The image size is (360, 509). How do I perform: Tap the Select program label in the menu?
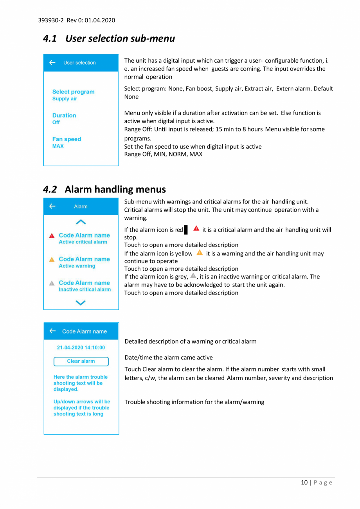[73, 92]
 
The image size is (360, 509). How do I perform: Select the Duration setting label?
[64, 115]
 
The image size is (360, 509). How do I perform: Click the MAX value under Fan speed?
[58, 146]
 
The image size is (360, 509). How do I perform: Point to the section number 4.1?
[50, 39]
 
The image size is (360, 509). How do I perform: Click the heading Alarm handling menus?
[115, 189]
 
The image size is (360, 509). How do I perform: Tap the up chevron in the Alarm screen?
[81, 222]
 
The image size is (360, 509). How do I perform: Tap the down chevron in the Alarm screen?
[81, 302]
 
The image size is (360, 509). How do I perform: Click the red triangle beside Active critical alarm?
[52, 236]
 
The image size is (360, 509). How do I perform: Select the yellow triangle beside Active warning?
[52, 260]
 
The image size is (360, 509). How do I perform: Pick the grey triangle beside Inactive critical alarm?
[52, 283]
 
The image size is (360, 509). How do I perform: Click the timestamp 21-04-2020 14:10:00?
[81, 347]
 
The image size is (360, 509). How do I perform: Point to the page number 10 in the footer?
[304, 482]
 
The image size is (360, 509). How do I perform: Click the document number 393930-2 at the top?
[49, 20]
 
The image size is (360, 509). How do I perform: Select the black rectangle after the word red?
[186, 230]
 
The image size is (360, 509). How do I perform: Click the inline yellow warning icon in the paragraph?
[200, 253]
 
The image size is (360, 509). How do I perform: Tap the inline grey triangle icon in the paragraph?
[193, 275]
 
